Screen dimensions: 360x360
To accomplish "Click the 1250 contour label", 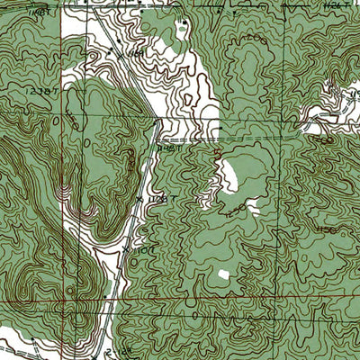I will click(x=235, y=214).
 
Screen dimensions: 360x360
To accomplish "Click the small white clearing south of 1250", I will click(x=222, y=273).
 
